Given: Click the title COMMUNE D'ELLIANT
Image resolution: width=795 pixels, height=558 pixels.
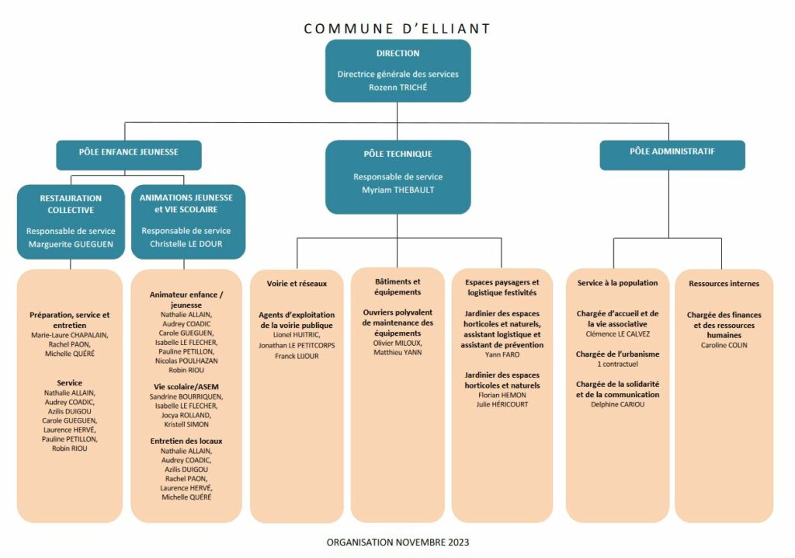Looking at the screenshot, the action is (x=397, y=29).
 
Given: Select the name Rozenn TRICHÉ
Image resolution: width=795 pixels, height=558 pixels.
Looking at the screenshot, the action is (x=398, y=87).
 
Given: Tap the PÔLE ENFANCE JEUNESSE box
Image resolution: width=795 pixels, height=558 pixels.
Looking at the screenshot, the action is (x=129, y=155).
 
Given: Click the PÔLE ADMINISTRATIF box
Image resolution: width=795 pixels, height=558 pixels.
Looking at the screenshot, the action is (x=672, y=155).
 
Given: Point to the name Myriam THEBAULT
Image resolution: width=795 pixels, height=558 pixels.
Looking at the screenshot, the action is (x=398, y=190).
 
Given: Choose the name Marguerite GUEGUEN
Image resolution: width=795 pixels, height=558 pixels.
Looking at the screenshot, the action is (x=71, y=244).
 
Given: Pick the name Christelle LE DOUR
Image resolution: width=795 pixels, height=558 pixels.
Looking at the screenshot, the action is (x=186, y=244).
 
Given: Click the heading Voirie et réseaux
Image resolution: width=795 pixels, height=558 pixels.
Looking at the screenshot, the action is (x=297, y=284).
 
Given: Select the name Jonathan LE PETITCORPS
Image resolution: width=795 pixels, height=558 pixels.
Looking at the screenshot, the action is (x=297, y=346).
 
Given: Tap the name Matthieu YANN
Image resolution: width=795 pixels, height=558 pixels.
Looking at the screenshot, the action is (x=397, y=352).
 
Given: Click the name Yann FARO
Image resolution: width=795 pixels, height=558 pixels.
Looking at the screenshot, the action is (x=502, y=355).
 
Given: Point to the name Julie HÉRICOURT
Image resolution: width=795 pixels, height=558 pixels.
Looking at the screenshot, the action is (x=502, y=405).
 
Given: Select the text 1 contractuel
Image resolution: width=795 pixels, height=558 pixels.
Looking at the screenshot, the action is (x=617, y=364).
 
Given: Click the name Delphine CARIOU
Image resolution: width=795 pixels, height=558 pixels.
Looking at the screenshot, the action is (x=617, y=405).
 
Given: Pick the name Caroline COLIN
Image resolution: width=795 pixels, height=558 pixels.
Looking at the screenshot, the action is (x=724, y=345).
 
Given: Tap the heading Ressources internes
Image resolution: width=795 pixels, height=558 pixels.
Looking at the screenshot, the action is (x=724, y=284).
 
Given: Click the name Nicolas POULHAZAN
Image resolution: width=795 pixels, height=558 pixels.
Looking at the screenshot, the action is (x=186, y=361).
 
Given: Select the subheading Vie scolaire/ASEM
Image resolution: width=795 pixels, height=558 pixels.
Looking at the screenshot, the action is (x=186, y=387).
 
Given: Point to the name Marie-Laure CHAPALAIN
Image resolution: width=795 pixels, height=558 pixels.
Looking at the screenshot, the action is (x=69, y=335).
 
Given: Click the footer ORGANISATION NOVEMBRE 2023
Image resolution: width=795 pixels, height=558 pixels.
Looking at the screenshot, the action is (x=397, y=542).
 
